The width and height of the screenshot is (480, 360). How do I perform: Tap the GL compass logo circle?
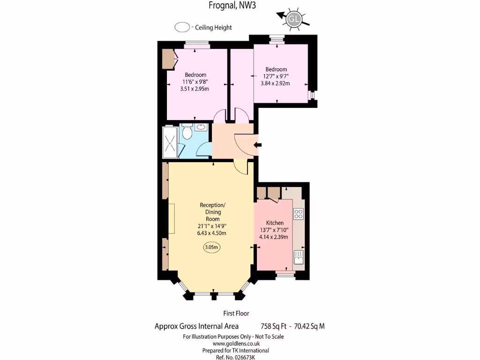(294, 19)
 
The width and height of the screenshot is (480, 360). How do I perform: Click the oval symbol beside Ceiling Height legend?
(181, 28)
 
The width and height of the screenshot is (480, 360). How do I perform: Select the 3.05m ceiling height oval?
(212, 247)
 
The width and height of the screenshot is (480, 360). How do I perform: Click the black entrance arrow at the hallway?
(257, 146)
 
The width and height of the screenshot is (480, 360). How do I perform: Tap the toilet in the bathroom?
(187, 132)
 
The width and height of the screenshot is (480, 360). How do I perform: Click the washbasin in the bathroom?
(202, 127)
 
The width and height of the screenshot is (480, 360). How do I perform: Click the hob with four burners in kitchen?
(299, 214)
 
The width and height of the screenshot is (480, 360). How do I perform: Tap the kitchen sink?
(299, 257)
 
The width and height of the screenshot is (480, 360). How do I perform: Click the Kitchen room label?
(275, 223)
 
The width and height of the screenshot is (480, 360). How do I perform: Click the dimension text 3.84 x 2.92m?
(275, 83)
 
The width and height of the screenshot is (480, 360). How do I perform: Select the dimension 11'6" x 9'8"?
(195, 82)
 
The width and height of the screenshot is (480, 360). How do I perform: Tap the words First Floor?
(236, 314)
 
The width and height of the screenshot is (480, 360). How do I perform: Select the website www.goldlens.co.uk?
(233, 343)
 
